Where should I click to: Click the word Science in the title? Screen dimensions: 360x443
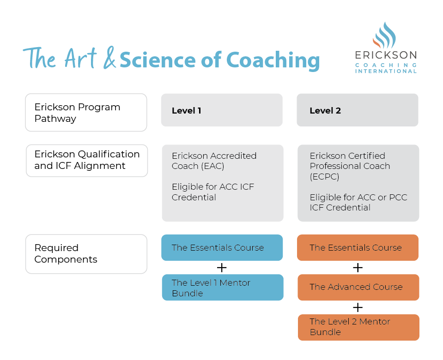click(x=158, y=60)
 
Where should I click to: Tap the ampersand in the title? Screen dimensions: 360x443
click(x=109, y=59)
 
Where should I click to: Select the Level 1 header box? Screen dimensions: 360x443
click(x=221, y=110)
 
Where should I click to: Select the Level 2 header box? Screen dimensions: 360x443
click(x=357, y=110)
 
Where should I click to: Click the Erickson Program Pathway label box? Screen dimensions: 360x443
click(x=86, y=113)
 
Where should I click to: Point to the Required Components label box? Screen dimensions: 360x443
click(x=86, y=254)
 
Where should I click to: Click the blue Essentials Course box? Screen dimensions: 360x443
click(x=222, y=248)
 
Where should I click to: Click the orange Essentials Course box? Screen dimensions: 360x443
click(x=358, y=248)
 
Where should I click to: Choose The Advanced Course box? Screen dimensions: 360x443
click(x=358, y=287)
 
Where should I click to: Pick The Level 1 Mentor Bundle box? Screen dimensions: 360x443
click(x=222, y=288)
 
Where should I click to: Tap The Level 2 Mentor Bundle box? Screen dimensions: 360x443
click(x=358, y=327)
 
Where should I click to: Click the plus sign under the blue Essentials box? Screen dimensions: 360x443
click(x=222, y=268)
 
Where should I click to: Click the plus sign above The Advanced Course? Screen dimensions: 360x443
click(x=358, y=268)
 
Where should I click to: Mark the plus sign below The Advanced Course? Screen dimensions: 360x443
click(x=358, y=307)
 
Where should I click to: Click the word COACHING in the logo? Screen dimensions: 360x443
click(x=386, y=65)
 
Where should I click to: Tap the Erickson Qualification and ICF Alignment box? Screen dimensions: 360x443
click(x=86, y=160)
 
